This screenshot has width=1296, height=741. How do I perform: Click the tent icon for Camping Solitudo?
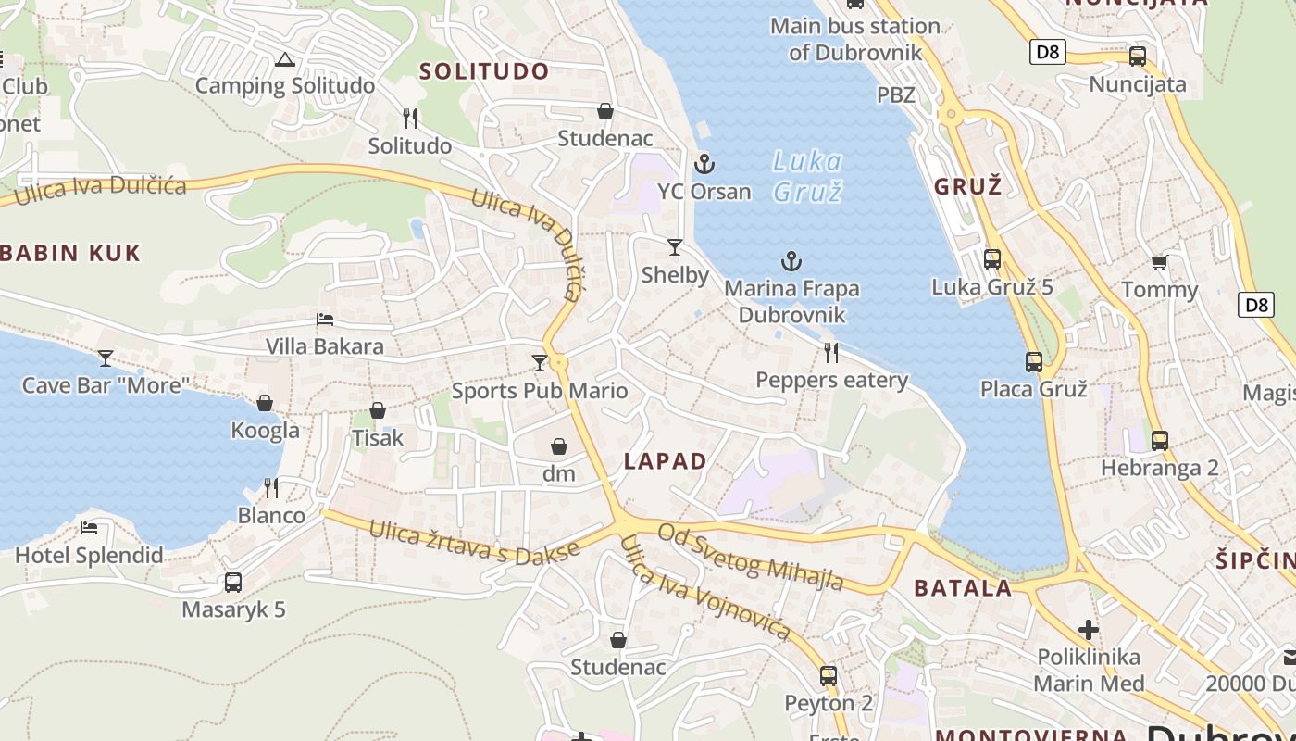click(284, 61)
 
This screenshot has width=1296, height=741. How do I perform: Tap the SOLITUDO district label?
click(484, 71)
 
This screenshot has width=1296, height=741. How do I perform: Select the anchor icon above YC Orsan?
click(704, 165)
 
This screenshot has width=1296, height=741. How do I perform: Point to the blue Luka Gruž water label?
click(807, 176)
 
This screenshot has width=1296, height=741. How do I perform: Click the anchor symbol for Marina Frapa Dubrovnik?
click(791, 262)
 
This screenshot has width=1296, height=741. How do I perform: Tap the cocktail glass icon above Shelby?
click(675, 247)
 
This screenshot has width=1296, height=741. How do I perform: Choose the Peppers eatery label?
click(831, 381)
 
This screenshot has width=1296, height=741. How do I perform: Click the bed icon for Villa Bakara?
click(325, 320)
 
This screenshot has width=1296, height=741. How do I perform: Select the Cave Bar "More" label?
click(106, 385)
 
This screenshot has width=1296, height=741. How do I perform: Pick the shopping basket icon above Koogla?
click(265, 403)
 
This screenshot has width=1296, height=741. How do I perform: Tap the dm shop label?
click(559, 474)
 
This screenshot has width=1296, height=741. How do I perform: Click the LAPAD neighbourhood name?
click(665, 461)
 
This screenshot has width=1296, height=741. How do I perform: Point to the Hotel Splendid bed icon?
click(89, 528)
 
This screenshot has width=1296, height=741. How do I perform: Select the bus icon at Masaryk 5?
click(233, 583)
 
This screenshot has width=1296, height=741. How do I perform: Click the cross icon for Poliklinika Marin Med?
click(1089, 631)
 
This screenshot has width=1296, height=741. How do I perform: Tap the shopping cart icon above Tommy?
click(1159, 263)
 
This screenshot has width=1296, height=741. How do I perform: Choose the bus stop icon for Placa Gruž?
click(1033, 362)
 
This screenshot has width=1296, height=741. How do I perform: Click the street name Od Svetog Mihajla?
click(750, 557)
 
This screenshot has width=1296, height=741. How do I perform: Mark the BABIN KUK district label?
click(70, 253)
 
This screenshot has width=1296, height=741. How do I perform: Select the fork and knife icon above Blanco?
click(271, 487)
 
